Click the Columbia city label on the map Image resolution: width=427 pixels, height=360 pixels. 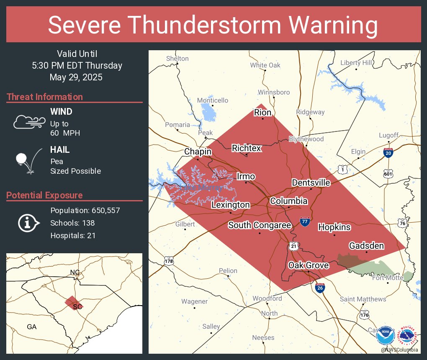click(289, 201)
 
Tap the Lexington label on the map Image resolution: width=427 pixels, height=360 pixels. click(230, 205)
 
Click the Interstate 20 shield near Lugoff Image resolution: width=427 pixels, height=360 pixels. click(388, 153)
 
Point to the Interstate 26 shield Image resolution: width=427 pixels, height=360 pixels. click(320, 288)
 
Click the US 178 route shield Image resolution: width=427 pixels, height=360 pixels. click(169, 261)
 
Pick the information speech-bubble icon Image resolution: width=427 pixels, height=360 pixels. click(28, 223)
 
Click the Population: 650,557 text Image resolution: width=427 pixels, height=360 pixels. click(85, 210)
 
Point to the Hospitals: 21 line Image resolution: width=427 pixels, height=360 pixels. click(73, 236)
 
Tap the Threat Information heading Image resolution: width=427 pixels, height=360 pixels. click(45, 97)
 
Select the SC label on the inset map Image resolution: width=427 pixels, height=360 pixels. click(77, 307)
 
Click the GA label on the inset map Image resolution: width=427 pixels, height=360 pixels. click(31, 327)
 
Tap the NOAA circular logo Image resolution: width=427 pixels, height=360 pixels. click(385, 336)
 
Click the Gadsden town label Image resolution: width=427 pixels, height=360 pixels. click(366, 246)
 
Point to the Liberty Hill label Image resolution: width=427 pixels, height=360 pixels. click(356, 63)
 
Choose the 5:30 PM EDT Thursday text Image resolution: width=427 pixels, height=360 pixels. click(77, 66)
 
